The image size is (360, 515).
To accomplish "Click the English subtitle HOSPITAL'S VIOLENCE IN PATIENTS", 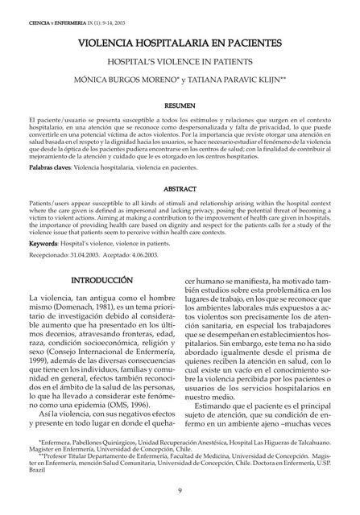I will (179, 61).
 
